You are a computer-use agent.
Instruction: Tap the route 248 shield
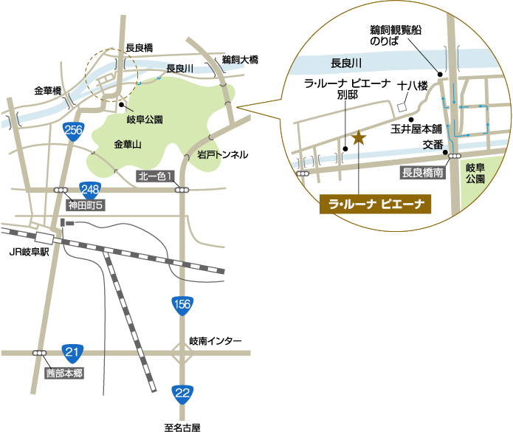[91, 189]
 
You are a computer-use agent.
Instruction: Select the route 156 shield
[182, 304]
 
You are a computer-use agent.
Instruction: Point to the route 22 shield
[182, 393]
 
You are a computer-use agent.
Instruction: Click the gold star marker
[359, 137]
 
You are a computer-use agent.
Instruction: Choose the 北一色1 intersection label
[157, 176]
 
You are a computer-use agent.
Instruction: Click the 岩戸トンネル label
[222, 156]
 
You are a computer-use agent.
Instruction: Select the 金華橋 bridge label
[48, 92]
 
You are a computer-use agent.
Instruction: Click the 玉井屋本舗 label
[415, 128]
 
